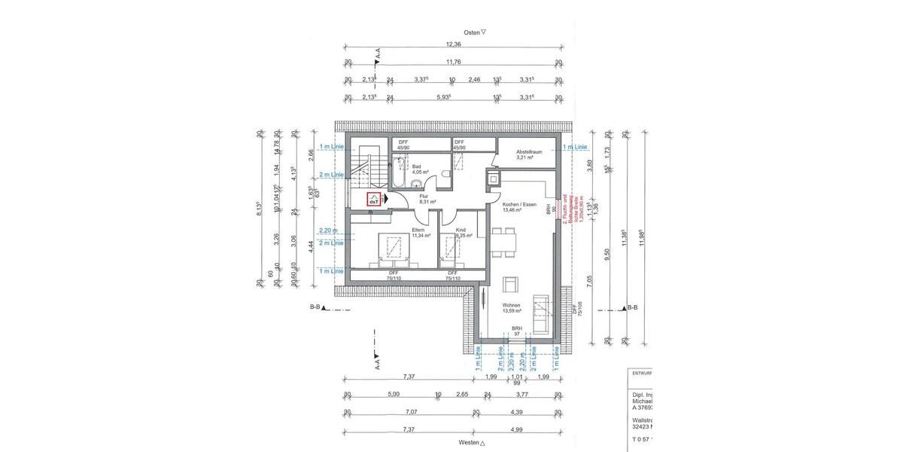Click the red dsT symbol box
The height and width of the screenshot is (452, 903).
(x=373, y=200)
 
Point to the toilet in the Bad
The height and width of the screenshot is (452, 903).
(x=448, y=176)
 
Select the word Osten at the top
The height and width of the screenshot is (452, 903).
(x=471, y=32)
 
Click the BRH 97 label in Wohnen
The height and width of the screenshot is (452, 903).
(x=517, y=331)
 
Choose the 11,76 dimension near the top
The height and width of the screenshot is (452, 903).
(x=453, y=63)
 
